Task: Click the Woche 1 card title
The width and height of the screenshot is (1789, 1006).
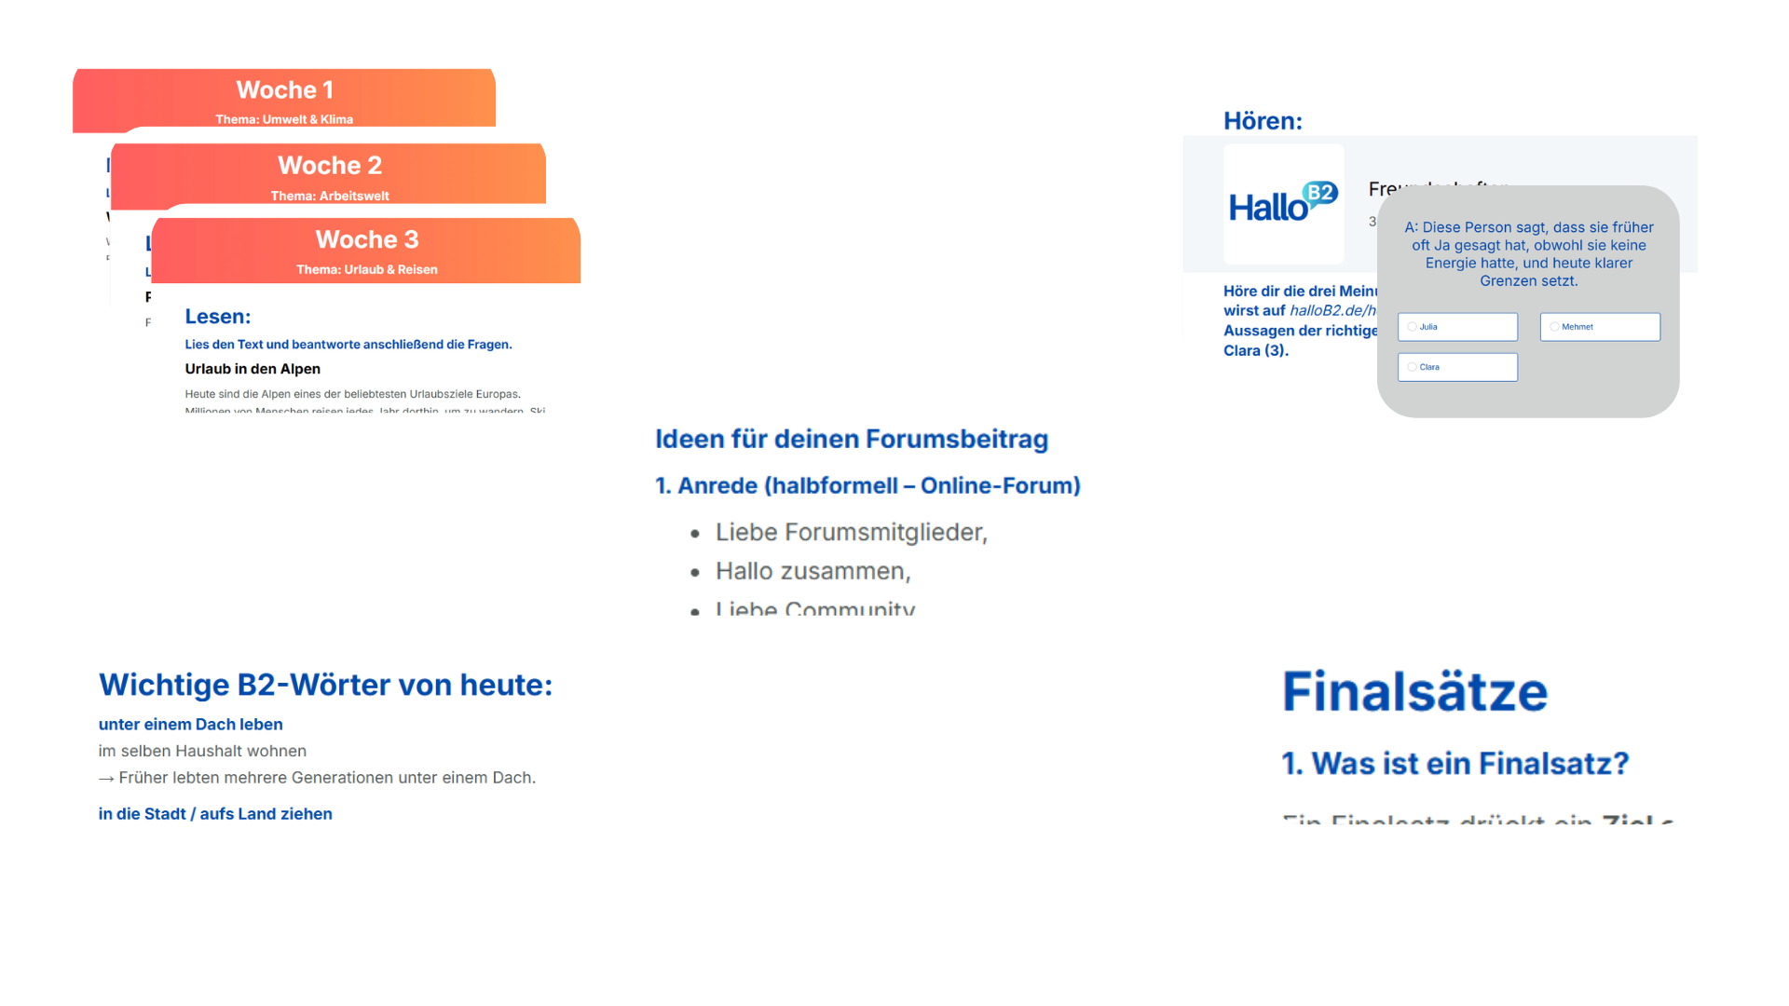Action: coord(284,90)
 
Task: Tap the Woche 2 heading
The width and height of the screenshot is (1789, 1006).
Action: coord(330,166)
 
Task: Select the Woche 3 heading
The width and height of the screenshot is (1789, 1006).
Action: coord(367,240)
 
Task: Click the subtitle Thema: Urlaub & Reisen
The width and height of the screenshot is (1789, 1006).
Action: coord(367,270)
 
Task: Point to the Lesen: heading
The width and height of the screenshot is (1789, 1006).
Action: coord(218,317)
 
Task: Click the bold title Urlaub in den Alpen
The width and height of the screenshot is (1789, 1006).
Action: coord(253,369)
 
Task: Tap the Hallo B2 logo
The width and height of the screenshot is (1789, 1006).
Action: coord(1283,204)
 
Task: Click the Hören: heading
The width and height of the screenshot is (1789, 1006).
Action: coord(1263,121)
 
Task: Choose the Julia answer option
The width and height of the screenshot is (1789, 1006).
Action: coord(1457,327)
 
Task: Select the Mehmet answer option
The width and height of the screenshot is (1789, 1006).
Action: coord(1600,327)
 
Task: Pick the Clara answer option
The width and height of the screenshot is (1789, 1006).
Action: coord(1457,367)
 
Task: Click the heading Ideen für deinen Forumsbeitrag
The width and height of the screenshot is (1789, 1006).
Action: coord(852,439)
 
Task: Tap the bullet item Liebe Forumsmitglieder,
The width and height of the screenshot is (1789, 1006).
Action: coord(851,532)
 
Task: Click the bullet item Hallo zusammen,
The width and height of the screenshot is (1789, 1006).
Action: coord(813,571)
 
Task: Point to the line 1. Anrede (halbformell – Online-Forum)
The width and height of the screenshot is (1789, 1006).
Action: coord(867,485)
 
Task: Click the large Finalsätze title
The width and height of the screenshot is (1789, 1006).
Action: coord(1414,692)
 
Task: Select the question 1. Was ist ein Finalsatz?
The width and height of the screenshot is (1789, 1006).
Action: coord(1455,764)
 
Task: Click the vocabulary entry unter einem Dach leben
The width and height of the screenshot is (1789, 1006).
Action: coord(191,725)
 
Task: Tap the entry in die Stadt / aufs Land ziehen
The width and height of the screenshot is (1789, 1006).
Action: coord(215,814)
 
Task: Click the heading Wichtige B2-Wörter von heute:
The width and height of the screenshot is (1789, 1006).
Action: coord(326,685)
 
